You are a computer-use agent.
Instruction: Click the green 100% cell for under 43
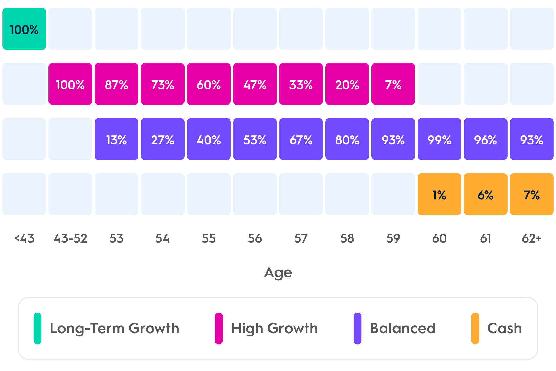[24, 29]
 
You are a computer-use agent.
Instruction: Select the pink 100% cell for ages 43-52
[70, 84]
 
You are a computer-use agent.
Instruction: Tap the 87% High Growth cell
[116, 84]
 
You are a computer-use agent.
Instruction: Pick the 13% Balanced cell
[116, 139]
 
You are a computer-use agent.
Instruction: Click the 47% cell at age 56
[255, 84]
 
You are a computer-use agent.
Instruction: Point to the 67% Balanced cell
[301, 139]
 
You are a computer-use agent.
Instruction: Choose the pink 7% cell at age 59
[393, 84]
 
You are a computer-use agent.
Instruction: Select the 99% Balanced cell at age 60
[439, 139]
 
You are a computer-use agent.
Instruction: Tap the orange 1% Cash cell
[439, 194]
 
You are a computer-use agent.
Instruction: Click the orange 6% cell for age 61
[485, 194]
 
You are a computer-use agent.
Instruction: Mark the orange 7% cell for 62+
[532, 194]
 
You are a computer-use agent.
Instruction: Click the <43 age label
[24, 238]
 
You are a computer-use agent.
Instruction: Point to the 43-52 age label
[70, 238]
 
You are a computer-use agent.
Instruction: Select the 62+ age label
[532, 238]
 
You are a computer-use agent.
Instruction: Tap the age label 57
[301, 238]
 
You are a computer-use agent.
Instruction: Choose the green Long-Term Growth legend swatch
[37, 328]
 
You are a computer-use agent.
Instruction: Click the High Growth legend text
[274, 329]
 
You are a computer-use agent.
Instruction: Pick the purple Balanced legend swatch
[358, 328]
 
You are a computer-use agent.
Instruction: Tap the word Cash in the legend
[505, 328]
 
